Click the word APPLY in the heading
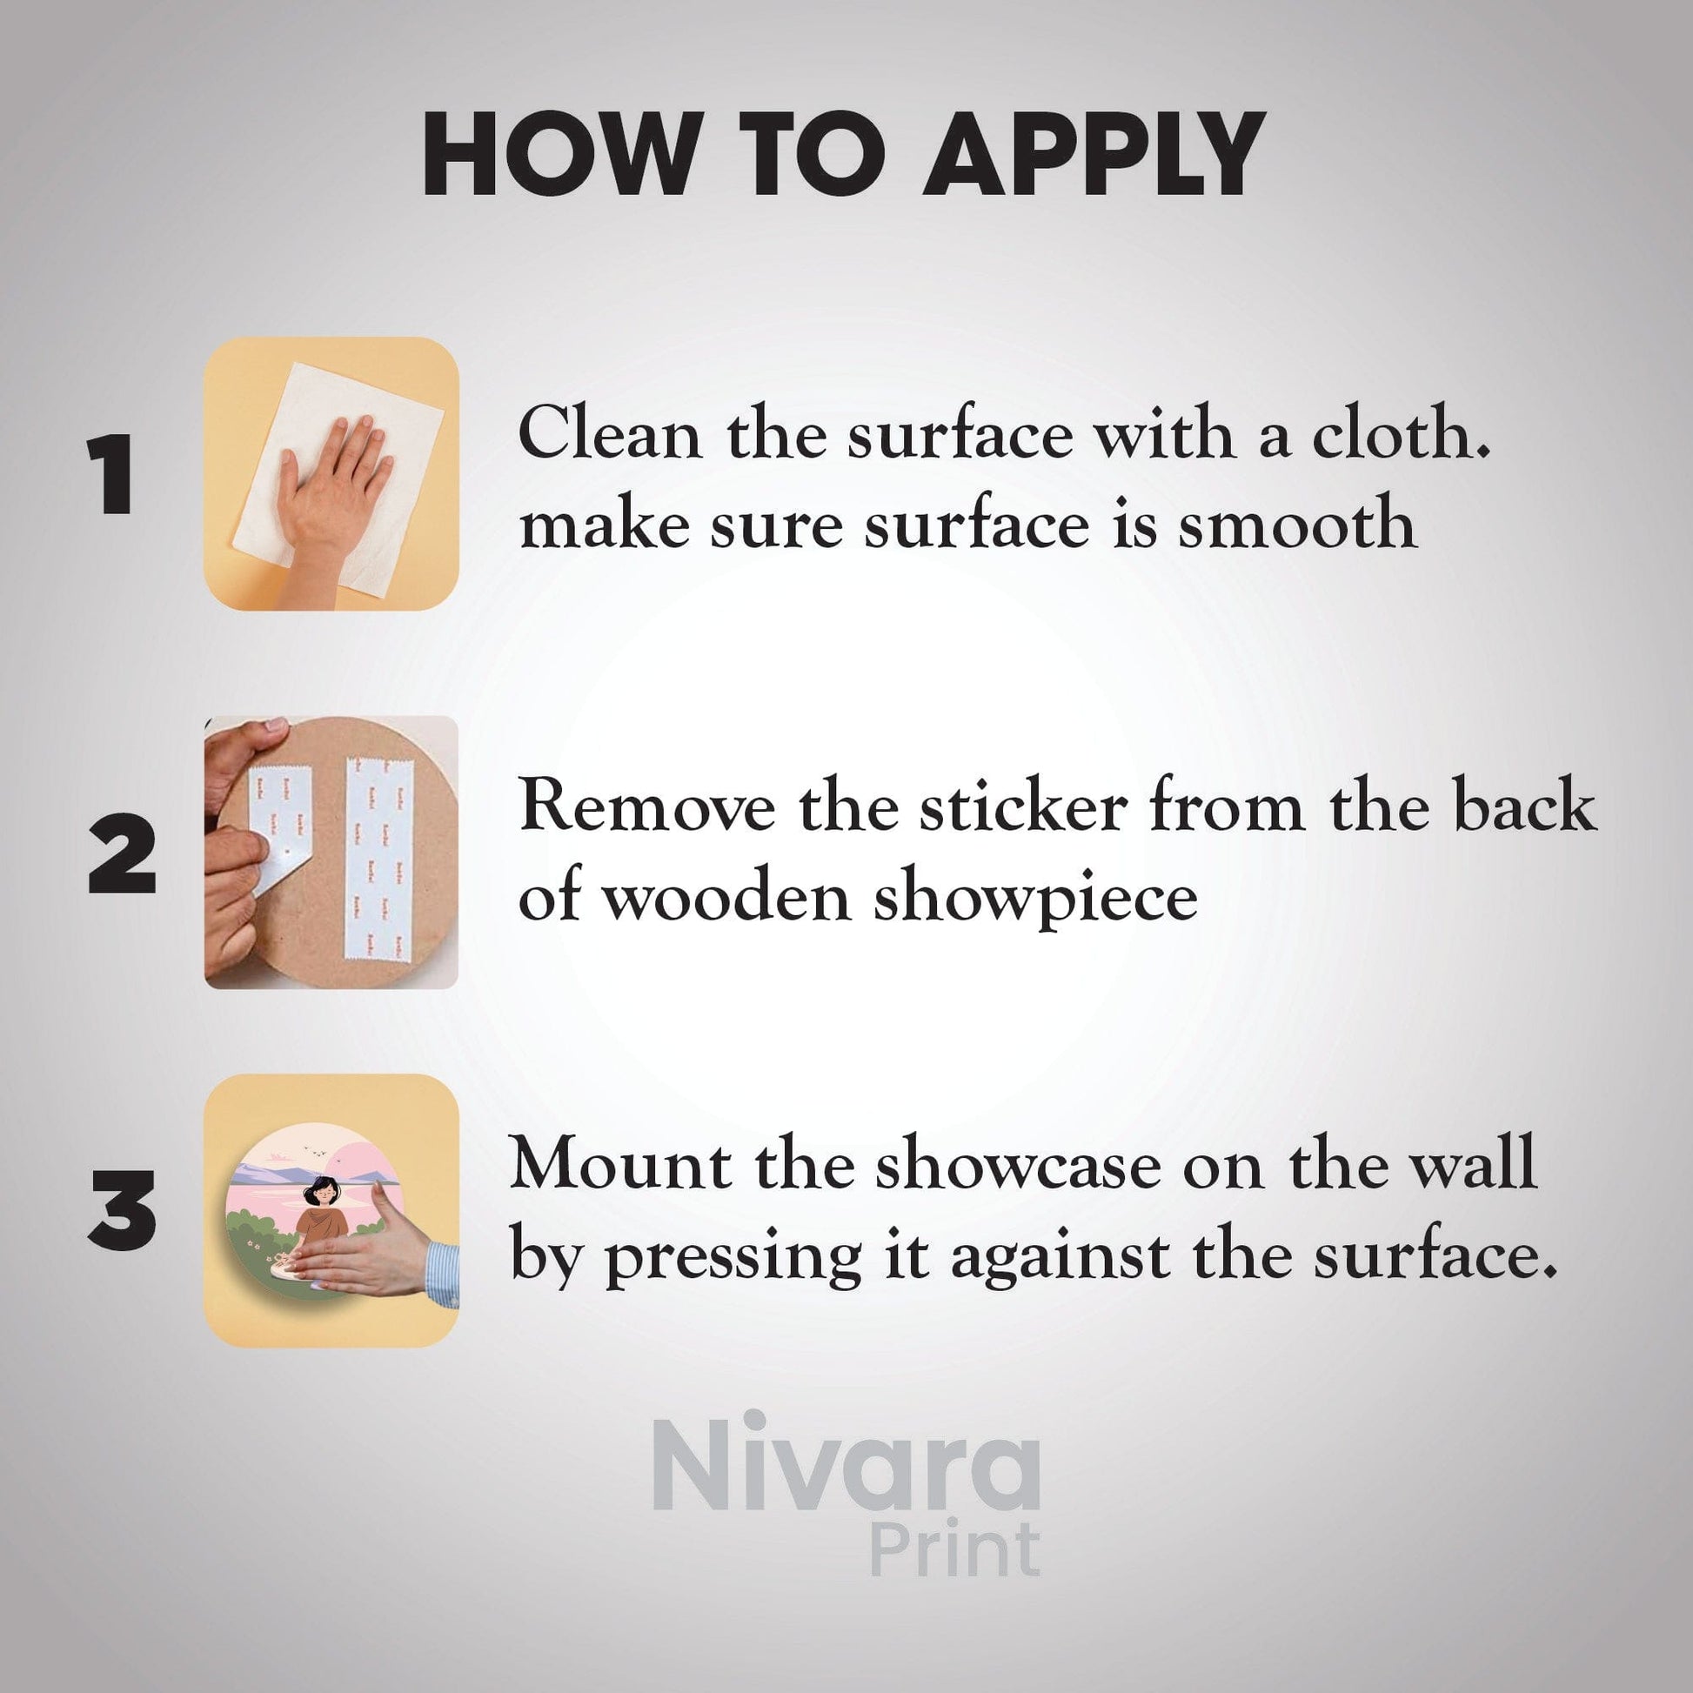(1094, 154)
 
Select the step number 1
(110, 474)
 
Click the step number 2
(122, 853)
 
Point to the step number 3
(122, 1210)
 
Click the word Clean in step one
(610, 434)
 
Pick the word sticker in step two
(1022, 806)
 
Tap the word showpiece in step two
(1035, 899)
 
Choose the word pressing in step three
(734, 1256)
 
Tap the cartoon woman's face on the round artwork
(324, 1192)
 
